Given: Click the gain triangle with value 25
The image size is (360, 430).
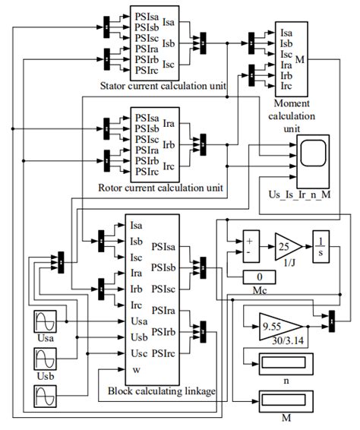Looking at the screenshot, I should tap(286, 246).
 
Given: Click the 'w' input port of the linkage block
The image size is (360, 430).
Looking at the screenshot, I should tap(136, 370).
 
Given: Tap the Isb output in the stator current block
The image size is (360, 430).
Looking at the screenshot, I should tap(169, 43).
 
